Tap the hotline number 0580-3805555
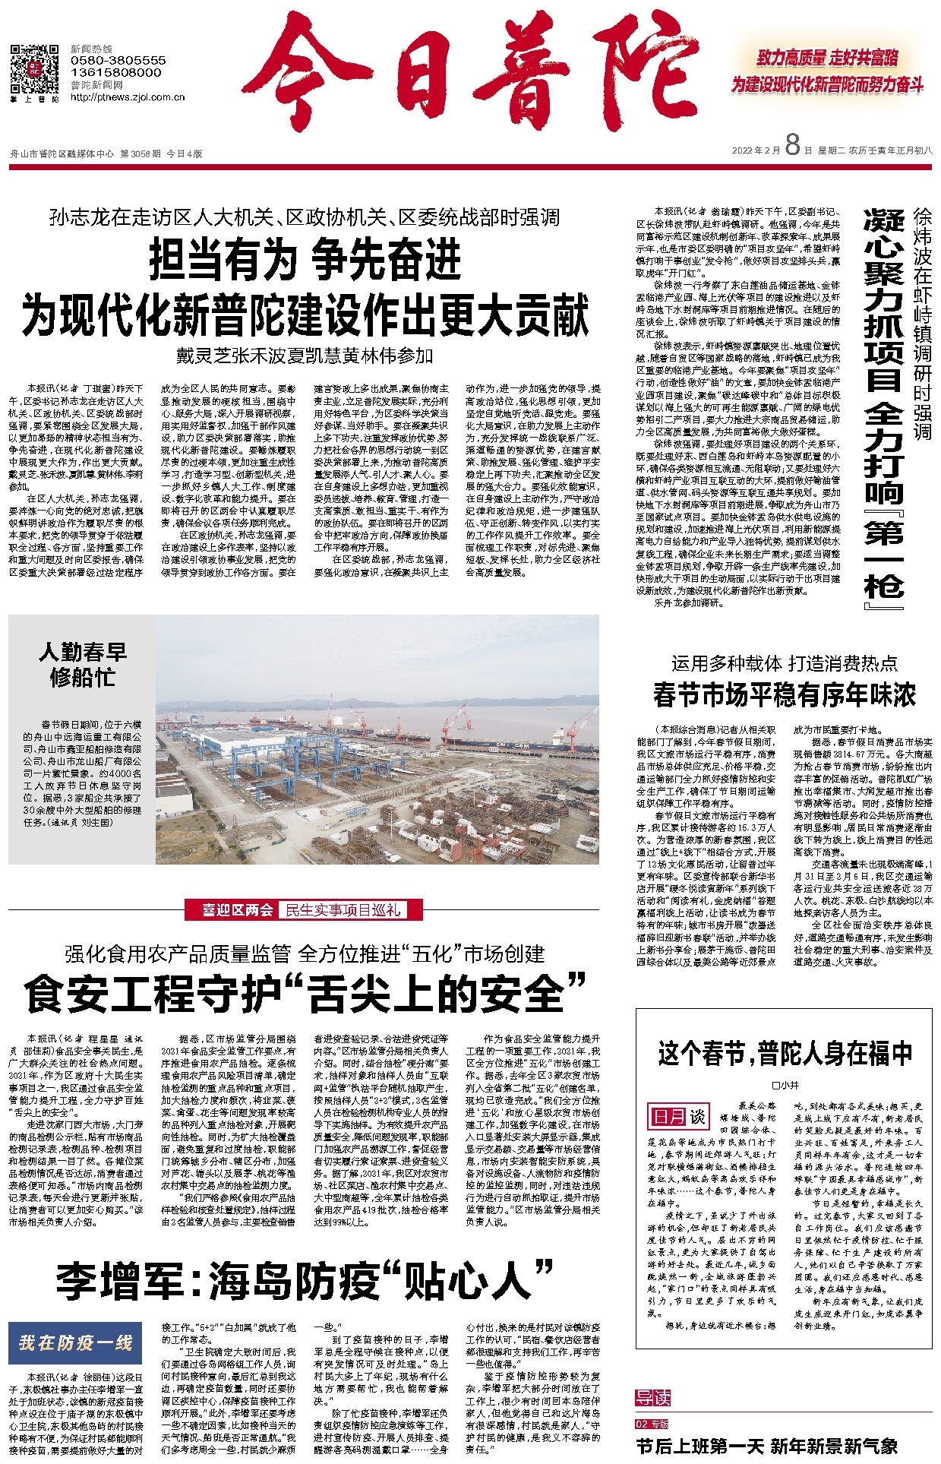tap(118, 60)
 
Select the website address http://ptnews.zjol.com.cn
tap(128, 97)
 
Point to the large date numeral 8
tap(793, 144)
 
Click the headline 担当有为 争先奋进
tap(305, 260)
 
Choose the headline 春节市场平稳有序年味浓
tap(784, 694)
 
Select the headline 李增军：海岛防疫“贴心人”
tap(305, 1280)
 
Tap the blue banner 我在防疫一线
tap(75, 1343)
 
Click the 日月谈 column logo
tap(678, 1117)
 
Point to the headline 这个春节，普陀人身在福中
tap(785, 1054)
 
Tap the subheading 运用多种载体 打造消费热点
tap(784, 663)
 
